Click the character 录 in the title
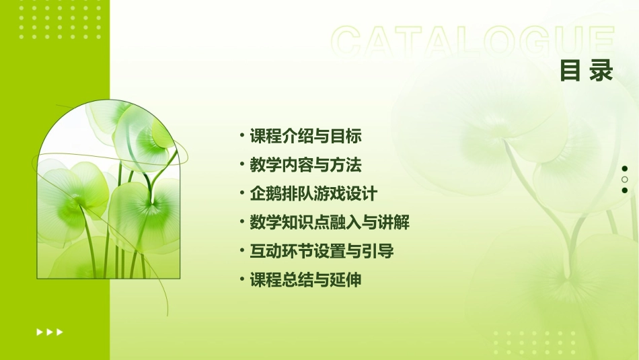602,71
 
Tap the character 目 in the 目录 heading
570,71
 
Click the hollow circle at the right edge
625,180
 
